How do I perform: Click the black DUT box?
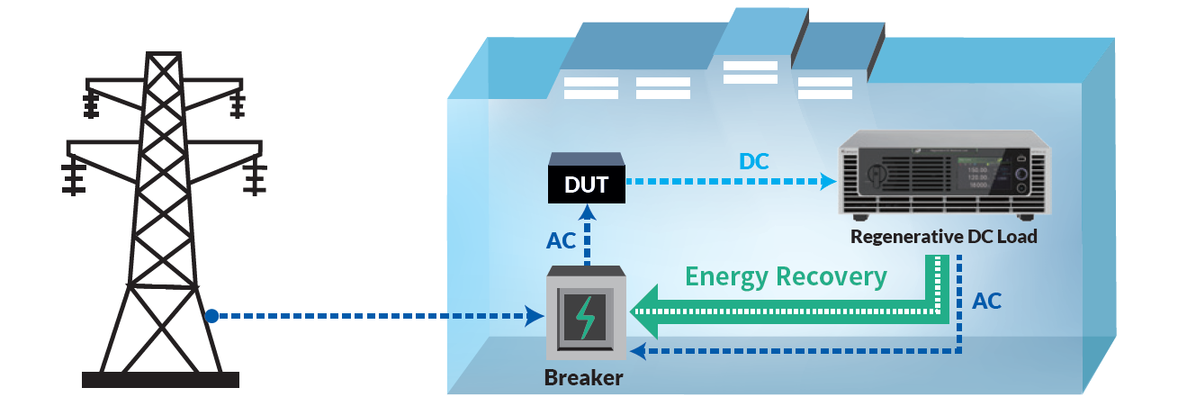pos(587,185)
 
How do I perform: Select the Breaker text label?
pos(583,377)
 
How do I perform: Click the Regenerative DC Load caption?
pos(944,238)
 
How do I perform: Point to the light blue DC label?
pos(754,161)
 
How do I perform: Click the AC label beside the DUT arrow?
pos(561,240)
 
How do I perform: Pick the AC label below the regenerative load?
pos(986,302)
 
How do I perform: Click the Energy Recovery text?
pos(786,276)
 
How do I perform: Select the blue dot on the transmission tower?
pos(211,316)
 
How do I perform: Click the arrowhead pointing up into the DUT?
pos(588,212)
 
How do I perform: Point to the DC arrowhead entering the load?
pos(827,182)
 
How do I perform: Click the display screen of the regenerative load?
pos(979,172)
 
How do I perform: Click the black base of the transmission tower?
pos(160,379)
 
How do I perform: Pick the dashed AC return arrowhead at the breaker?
pos(636,349)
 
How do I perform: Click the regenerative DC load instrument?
pos(944,177)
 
